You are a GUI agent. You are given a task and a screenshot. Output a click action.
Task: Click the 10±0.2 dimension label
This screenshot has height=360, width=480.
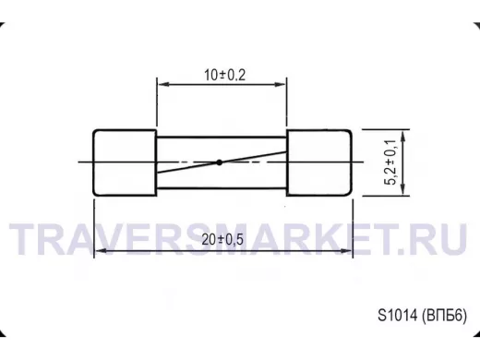click(x=225, y=75)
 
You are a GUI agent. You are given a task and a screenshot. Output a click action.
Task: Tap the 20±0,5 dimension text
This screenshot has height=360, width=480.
click(x=222, y=239)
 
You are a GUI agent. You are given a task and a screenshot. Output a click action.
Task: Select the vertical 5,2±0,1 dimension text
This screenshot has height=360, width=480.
click(x=390, y=162)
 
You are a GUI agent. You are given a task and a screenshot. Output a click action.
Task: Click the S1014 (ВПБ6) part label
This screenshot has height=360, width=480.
click(x=423, y=316)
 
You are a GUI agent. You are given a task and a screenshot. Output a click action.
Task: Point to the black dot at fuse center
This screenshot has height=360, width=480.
click(x=219, y=162)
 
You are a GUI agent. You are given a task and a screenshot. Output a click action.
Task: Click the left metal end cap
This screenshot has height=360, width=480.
click(x=125, y=162)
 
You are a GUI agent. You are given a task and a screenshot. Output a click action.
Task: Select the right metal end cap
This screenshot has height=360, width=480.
click(x=319, y=162)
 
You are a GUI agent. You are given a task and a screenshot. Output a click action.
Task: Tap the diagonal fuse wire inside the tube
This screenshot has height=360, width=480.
click(x=222, y=162)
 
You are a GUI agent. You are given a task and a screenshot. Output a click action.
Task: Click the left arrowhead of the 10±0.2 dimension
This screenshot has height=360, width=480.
click(x=163, y=84)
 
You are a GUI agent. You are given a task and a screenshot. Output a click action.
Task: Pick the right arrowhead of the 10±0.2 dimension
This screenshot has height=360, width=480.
click(x=281, y=84)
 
